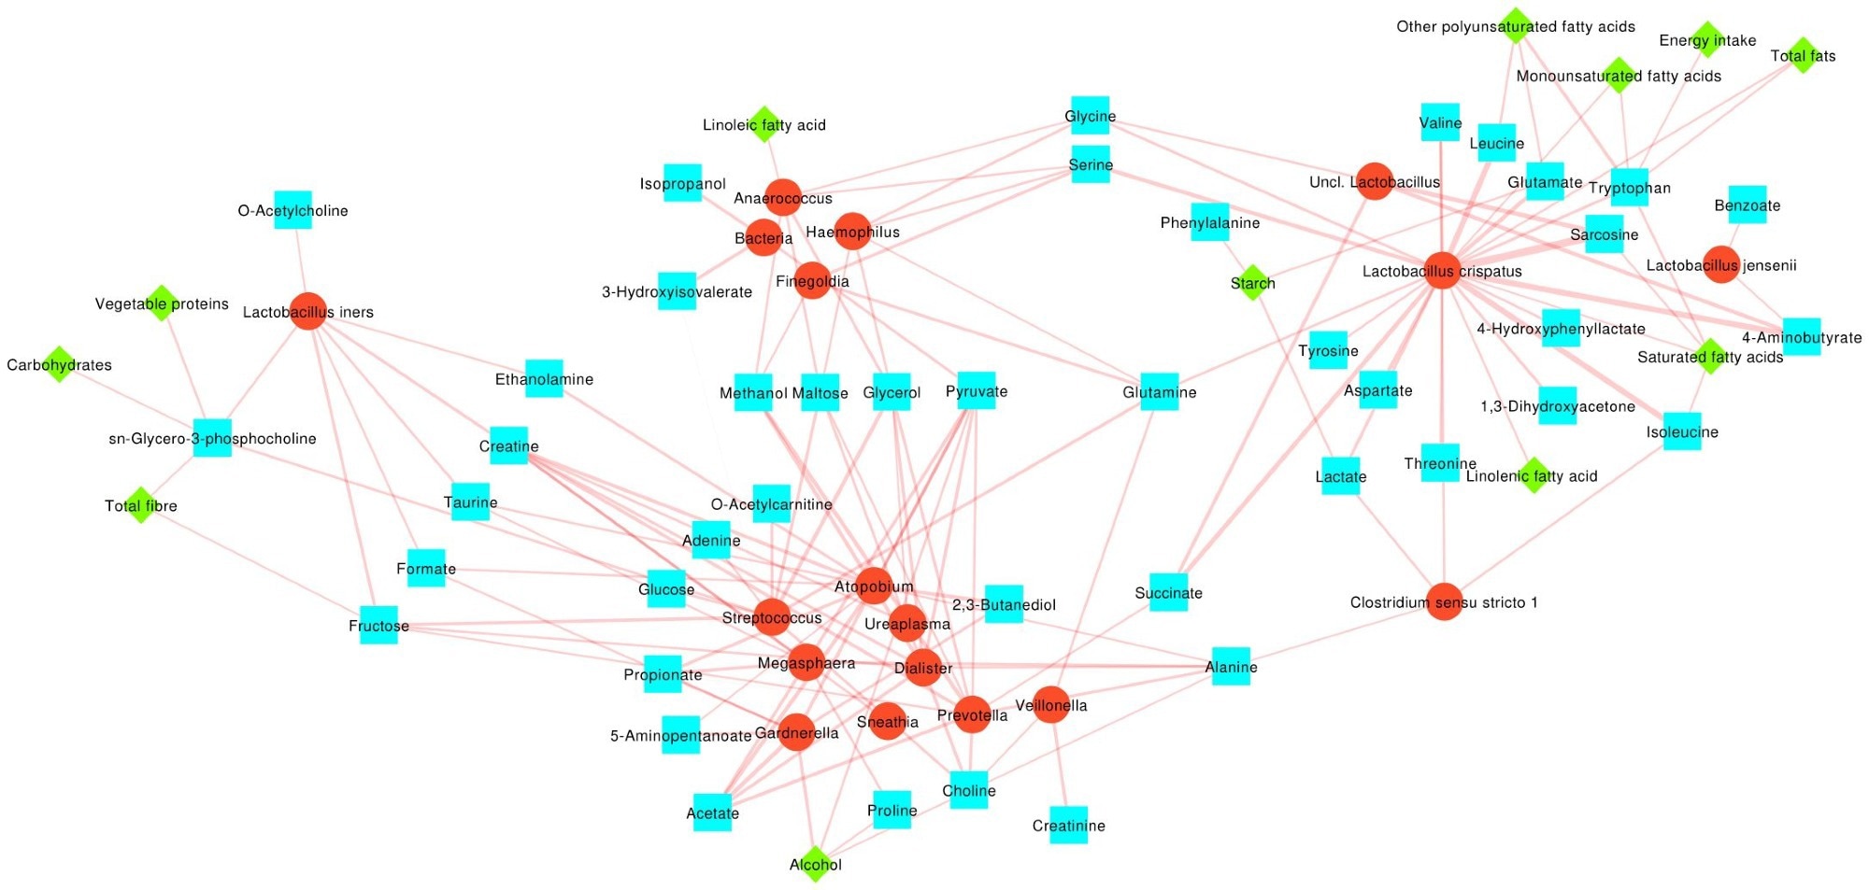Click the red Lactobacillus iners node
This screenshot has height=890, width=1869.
[x=308, y=311]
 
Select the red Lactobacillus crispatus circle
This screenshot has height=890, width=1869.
[x=1442, y=271]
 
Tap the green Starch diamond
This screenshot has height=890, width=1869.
[x=1252, y=282]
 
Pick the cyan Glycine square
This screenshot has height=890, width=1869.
[x=1090, y=115]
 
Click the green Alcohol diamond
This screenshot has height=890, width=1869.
[x=815, y=864]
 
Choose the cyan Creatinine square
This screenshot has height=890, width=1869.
[x=1068, y=825]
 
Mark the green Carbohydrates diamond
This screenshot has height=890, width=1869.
[x=59, y=364]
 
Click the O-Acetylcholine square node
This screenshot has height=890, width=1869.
[x=292, y=210]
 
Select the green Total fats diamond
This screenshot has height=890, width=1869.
[x=1803, y=55]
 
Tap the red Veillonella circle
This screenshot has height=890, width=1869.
[x=1051, y=705]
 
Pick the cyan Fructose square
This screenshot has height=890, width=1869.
[x=378, y=625]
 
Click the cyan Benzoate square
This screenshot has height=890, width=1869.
[x=1747, y=205]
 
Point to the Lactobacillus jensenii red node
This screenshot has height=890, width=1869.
[x=1720, y=264]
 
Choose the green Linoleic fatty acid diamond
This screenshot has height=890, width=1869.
[x=764, y=124]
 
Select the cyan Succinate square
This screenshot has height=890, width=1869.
[x=1168, y=592]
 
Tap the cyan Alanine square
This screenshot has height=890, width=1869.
[x=1231, y=666]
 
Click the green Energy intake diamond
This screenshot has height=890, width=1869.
[x=1707, y=40]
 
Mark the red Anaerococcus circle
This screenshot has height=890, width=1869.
[x=783, y=197]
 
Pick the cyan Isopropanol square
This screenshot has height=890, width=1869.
[x=682, y=183]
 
